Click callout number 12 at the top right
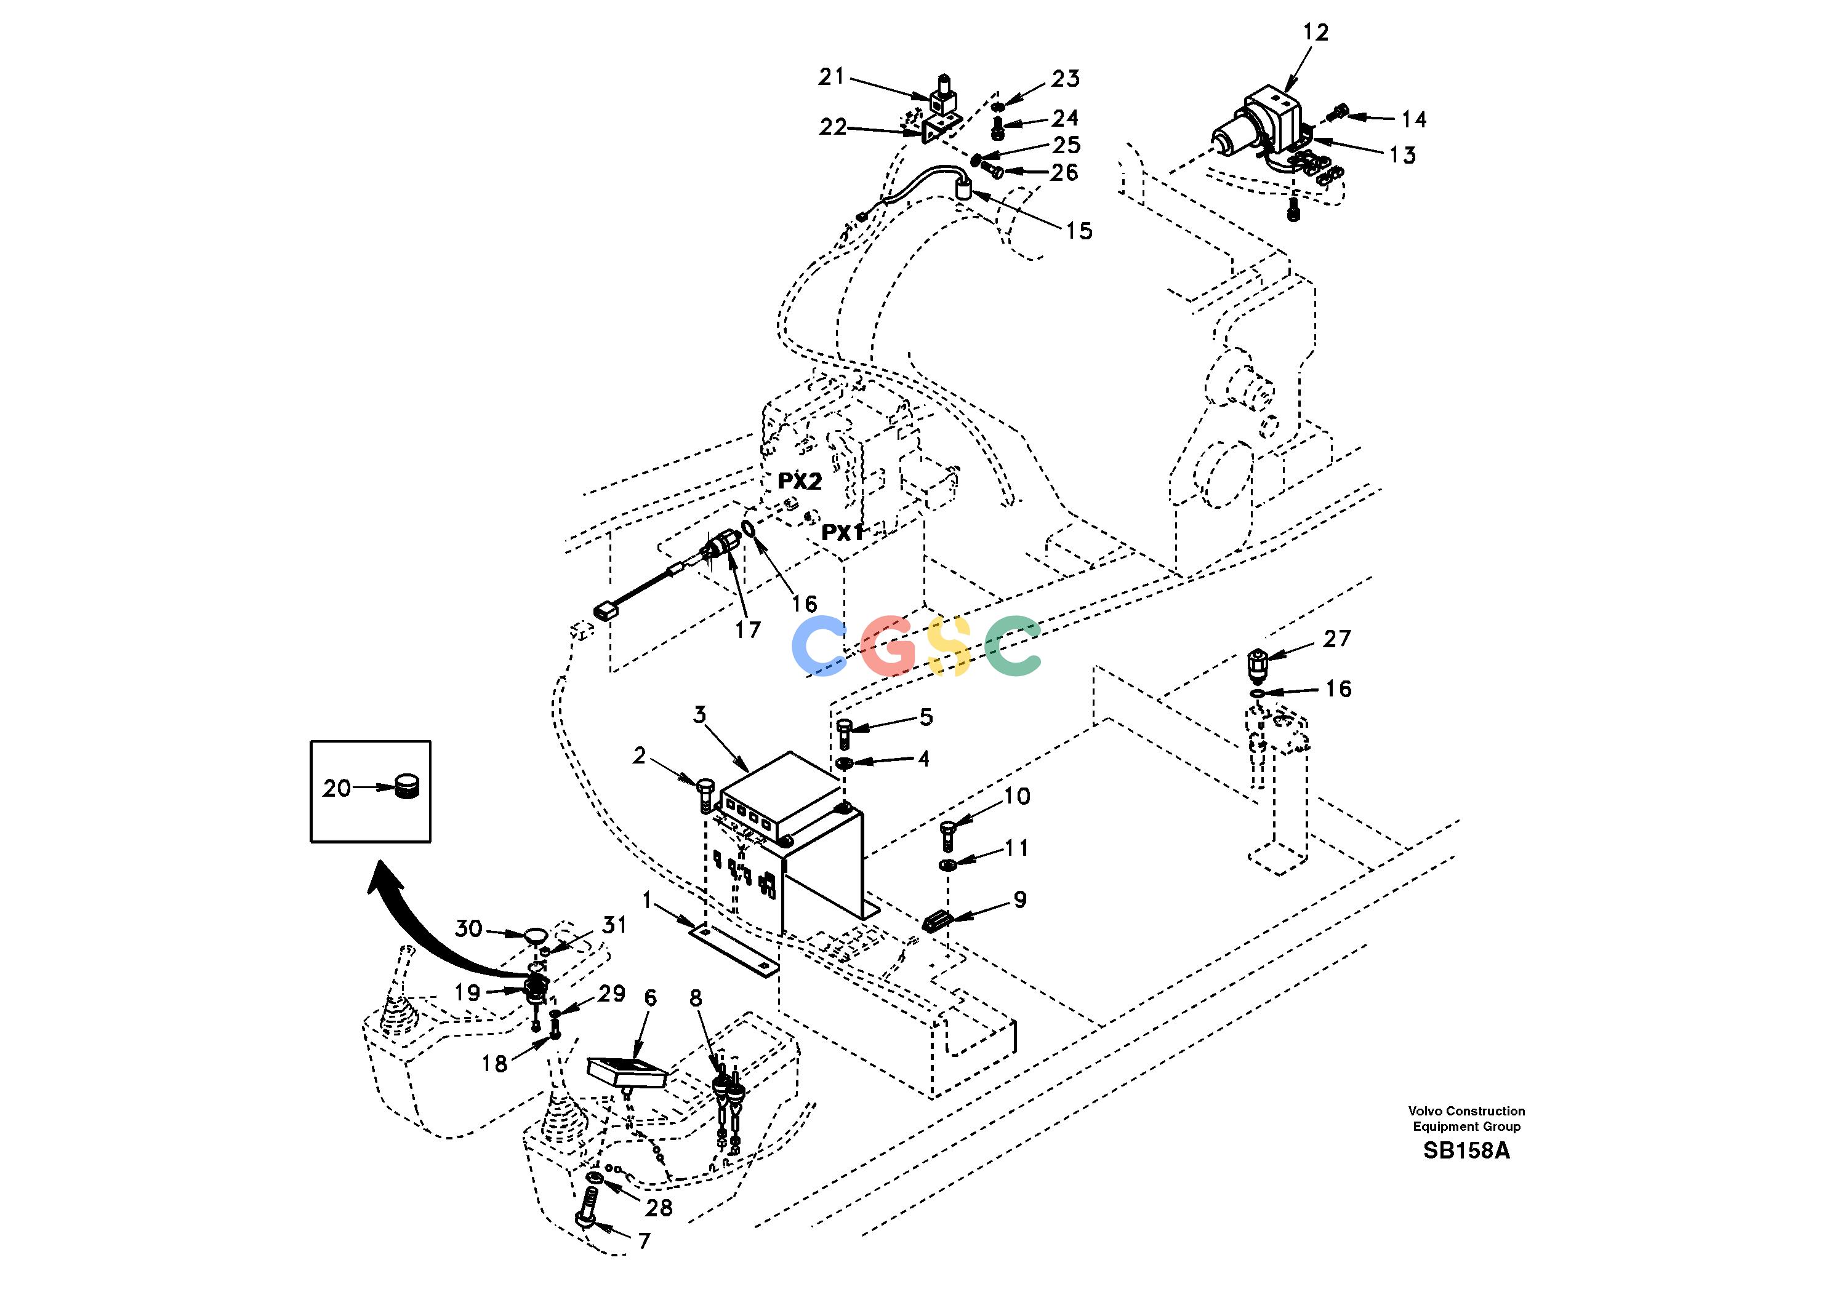pos(1316,33)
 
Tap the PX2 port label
pos(800,481)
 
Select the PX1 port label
pos(843,532)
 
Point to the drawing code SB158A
pos(1466,1151)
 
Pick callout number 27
pos(1337,638)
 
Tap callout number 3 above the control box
pos(700,714)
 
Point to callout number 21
pos(832,76)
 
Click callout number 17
pos(748,630)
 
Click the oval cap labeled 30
pos(534,934)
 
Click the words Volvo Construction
pos(1466,1111)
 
